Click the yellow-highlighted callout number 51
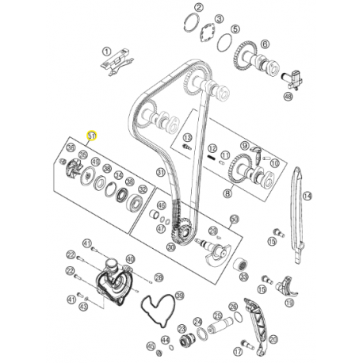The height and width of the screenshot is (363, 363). pos(92,136)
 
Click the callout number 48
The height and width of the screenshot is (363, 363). pos(288,97)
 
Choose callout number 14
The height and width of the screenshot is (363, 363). pos(308,196)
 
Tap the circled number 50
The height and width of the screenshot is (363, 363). pos(234,219)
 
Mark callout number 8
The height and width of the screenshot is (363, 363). pos(227,193)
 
